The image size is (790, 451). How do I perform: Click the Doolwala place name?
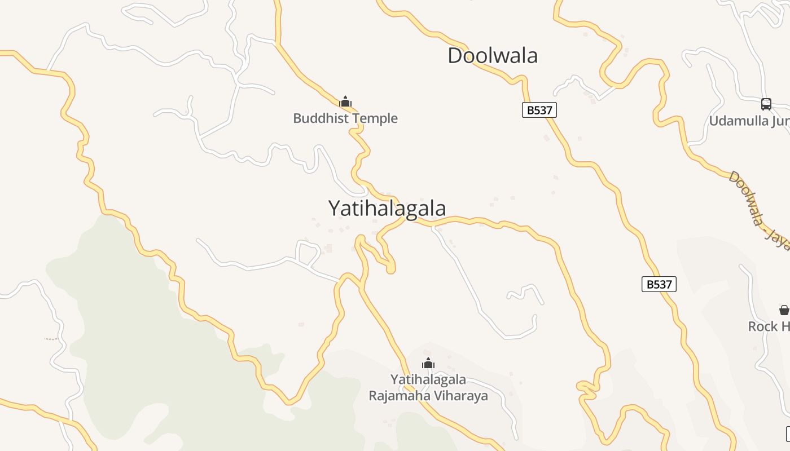pos(492,56)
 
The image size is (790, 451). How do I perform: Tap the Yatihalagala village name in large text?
pos(387,208)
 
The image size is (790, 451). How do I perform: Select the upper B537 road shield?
pos(539,110)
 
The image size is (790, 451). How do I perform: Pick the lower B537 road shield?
pos(659,284)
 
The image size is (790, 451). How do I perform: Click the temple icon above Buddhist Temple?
pos(345,102)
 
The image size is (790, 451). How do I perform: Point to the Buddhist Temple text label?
pos(345,118)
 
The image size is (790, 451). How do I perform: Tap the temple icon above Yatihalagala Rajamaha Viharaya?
pos(428,363)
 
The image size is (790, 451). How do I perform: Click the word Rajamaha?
pos(396,396)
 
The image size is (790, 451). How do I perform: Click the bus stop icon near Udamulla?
pos(766,104)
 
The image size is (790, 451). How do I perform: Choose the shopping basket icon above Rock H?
pos(784,310)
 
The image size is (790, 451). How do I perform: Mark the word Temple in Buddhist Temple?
pos(377,118)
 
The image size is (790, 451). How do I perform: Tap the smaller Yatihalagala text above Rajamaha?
pos(428,379)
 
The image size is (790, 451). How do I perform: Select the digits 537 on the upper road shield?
pos(543,110)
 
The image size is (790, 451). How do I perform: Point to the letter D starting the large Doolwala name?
pos(455,56)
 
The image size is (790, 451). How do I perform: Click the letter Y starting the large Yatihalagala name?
pos(334,208)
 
